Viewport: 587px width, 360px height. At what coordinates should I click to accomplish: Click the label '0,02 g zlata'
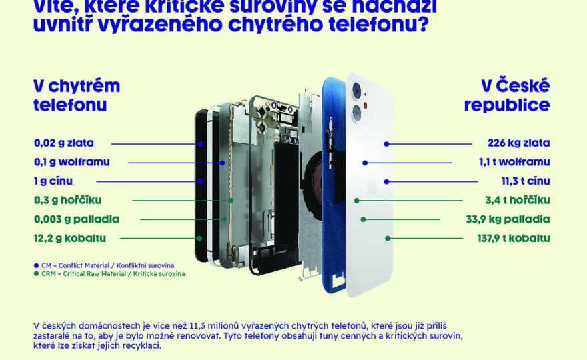(x=64, y=143)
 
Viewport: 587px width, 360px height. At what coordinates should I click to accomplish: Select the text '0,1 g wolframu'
(x=71, y=162)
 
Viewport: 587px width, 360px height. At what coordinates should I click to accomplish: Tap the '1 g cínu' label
(x=53, y=181)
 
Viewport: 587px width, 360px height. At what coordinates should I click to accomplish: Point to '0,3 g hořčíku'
(x=68, y=200)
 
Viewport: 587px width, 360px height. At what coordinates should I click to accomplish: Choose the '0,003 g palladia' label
(x=77, y=219)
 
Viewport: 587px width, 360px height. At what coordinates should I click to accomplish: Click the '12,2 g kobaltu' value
(x=70, y=238)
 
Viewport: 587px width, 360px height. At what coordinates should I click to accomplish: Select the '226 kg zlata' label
(x=519, y=143)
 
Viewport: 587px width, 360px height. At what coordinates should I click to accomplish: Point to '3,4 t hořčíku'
(x=517, y=200)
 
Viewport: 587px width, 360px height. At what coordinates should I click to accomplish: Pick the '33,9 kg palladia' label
(x=508, y=219)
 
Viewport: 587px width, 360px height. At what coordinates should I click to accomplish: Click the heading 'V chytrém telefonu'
(x=77, y=95)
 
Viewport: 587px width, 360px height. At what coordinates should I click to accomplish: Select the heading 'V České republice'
(x=507, y=95)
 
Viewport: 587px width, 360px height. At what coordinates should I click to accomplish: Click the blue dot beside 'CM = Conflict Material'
(x=36, y=265)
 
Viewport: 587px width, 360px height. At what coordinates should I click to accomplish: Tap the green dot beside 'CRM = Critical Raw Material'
(x=36, y=273)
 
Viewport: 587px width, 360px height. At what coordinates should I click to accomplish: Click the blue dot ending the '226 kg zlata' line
(x=386, y=143)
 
